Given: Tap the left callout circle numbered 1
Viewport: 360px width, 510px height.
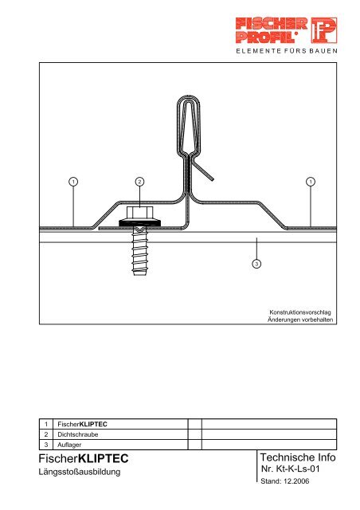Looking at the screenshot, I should pos(72,182).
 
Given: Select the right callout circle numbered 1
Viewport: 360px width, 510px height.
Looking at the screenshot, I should pos(310,182).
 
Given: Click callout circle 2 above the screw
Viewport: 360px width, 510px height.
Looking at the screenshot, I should pos(139,182).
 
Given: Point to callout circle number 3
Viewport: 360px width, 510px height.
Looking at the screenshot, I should pos(256,264).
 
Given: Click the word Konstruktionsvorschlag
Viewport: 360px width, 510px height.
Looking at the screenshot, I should pos(300,312).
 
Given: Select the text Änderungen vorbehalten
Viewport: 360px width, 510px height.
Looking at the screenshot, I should pos(300,320).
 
